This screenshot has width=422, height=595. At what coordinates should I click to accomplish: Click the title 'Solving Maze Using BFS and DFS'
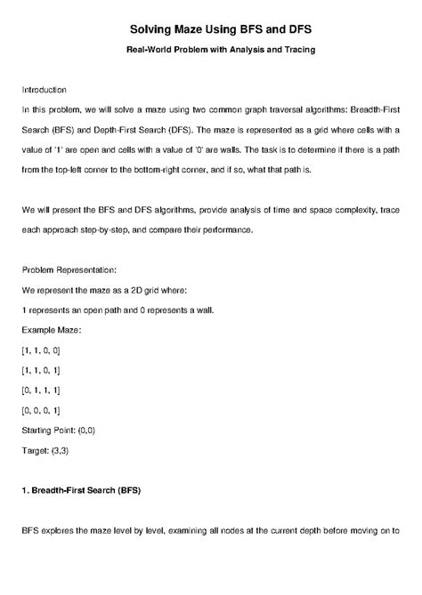click(x=210, y=30)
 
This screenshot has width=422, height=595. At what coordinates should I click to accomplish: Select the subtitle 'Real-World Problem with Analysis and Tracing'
click(x=210, y=49)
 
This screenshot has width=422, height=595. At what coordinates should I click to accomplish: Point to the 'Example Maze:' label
click(x=51, y=330)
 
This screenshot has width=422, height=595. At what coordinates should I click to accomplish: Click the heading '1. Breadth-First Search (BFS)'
click(x=81, y=490)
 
